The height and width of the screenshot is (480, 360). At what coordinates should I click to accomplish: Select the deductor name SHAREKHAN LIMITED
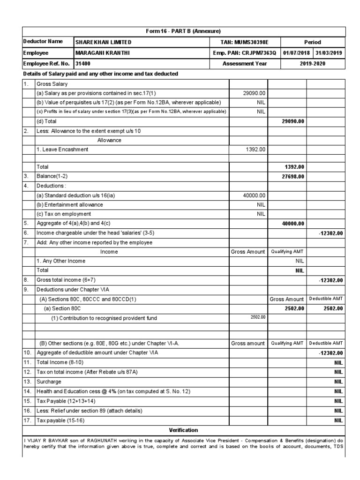(x=104, y=42)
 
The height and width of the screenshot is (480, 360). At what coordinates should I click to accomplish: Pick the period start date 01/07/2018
(x=297, y=53)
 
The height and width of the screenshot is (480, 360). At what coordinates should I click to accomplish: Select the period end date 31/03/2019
(x=329, y=53)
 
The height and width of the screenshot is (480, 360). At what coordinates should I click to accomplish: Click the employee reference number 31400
(x=83, y=64)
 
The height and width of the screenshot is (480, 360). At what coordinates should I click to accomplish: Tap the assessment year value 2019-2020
(x=313, y=64)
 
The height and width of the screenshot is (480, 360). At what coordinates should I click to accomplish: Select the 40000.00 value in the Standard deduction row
(x=255, y=195)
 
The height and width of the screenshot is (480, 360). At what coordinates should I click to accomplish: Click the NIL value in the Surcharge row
(x=338, y=382)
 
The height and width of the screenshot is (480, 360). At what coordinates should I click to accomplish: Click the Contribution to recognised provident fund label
(x=104, y=318)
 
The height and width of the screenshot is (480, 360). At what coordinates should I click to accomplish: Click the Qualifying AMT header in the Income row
(x=287, y=252)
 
